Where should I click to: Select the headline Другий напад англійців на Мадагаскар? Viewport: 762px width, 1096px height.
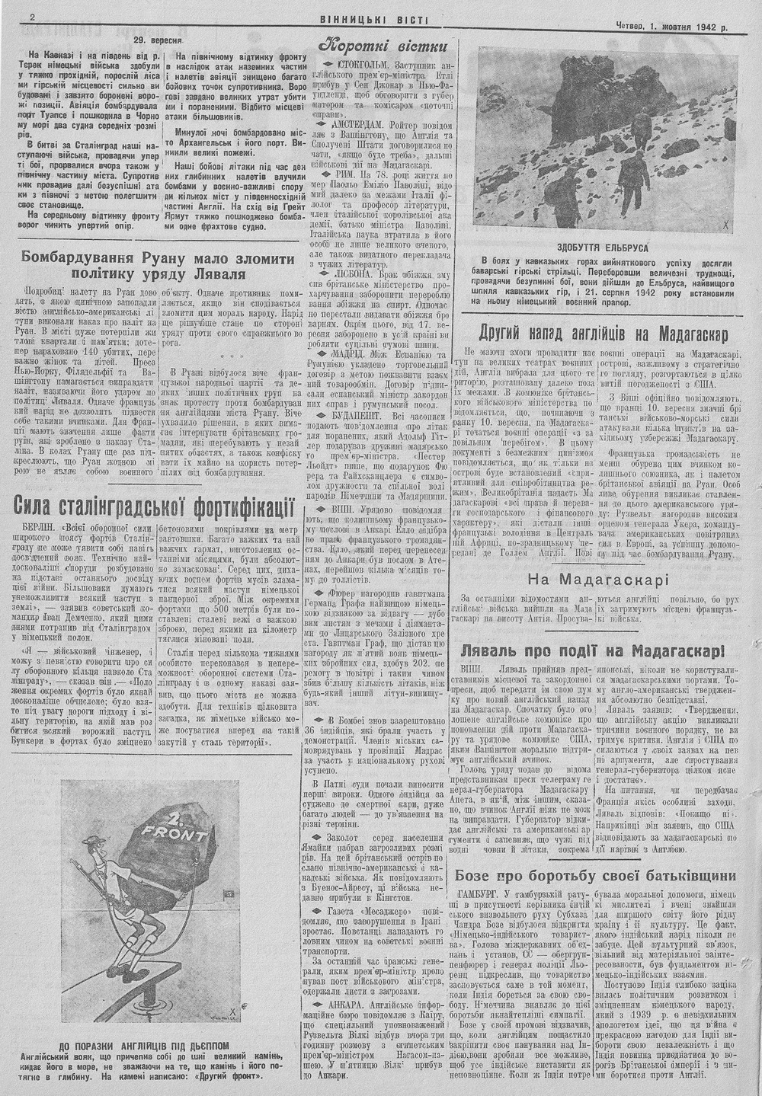click(604, 333)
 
